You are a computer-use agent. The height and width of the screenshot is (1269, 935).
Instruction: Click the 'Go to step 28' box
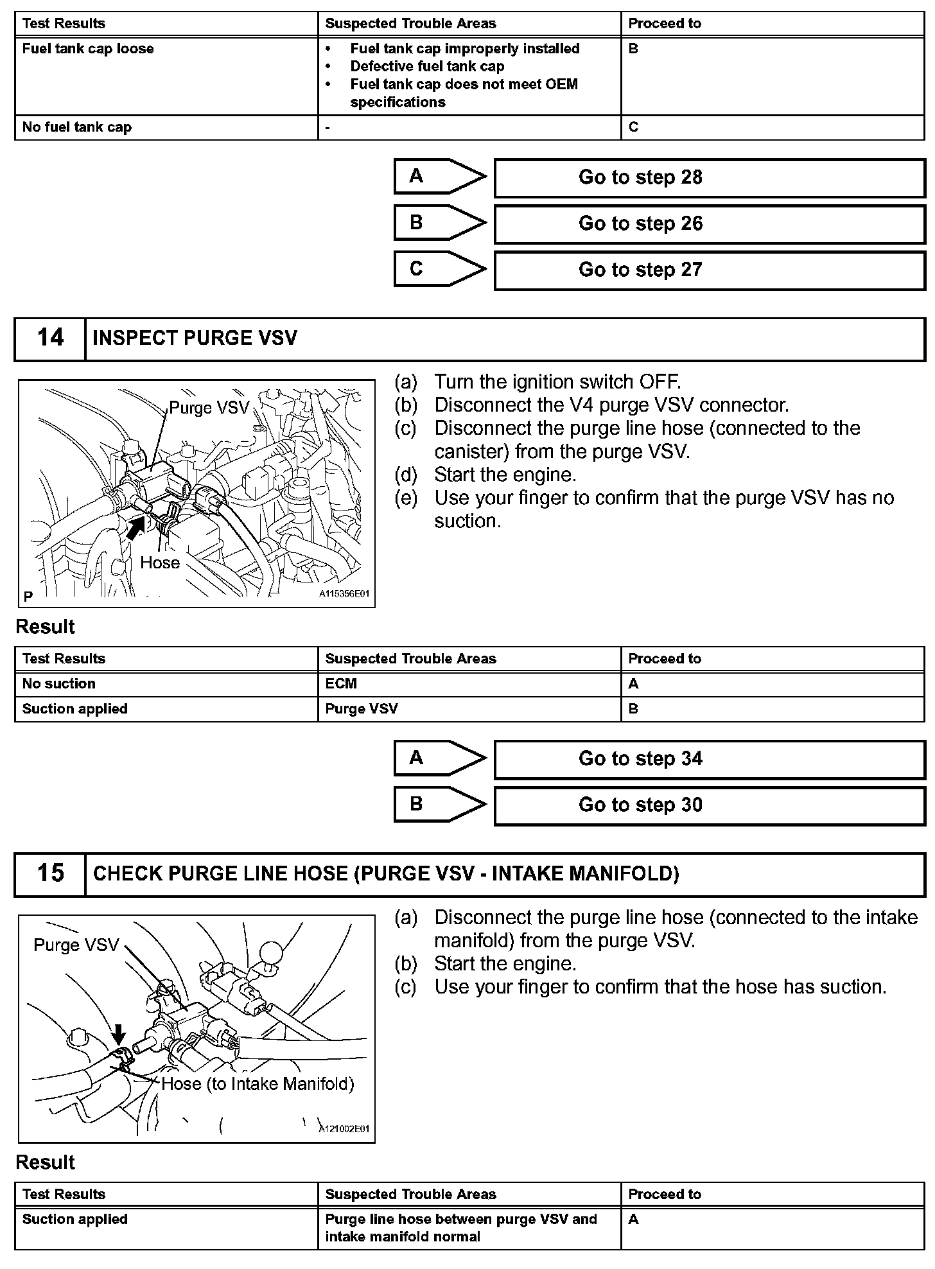709,178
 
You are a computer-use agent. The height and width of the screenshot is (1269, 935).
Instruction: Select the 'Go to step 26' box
709,224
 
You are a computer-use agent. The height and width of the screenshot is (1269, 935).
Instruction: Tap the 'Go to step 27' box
709,270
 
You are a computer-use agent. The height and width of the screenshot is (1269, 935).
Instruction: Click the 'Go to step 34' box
709,759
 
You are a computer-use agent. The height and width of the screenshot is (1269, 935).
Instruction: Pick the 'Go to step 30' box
709,805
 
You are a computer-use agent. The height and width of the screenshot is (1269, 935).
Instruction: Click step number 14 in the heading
50,338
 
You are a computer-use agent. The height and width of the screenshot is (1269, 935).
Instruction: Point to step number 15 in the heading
50,873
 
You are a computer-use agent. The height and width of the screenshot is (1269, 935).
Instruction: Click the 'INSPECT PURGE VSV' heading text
195,338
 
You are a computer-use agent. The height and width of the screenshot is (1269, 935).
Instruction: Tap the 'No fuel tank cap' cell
77,127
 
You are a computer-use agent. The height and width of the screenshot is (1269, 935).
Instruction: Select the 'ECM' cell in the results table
341,684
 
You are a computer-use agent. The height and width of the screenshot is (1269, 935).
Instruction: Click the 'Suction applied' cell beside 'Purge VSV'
75,709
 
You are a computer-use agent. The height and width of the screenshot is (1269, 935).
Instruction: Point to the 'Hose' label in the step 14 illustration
160,563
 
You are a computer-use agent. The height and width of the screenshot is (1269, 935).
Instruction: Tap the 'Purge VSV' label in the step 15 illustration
76,945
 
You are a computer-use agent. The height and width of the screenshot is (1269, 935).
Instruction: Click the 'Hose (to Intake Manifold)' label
258,1084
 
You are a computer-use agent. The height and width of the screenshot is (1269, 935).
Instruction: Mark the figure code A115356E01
344,595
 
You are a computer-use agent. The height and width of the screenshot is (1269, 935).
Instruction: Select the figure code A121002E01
344,1130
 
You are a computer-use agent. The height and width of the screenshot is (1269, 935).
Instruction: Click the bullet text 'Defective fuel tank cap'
427,67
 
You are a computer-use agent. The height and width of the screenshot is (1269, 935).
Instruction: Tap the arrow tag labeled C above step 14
439,269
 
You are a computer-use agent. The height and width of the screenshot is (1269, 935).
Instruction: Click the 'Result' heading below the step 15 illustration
45,1162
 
